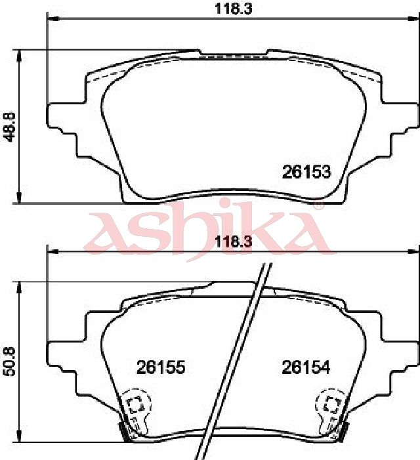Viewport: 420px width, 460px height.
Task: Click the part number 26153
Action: coord(306,172)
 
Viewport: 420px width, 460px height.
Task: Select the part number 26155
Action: coord(161,367)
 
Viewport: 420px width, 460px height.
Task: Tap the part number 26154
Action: coord(306,367)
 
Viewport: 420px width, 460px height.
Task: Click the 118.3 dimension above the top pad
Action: coord(233,9)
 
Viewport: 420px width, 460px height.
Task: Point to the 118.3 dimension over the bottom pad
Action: coord(233,242)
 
